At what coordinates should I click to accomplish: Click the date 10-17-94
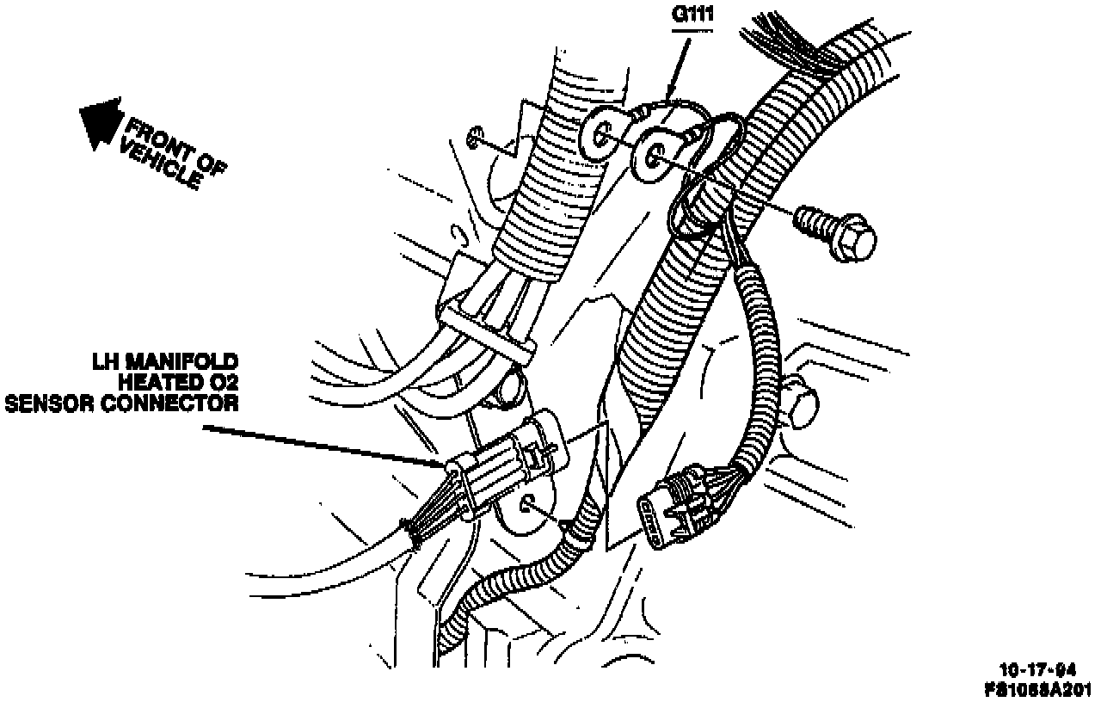[1036, 668]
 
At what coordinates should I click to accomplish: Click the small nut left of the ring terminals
[474, 136]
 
